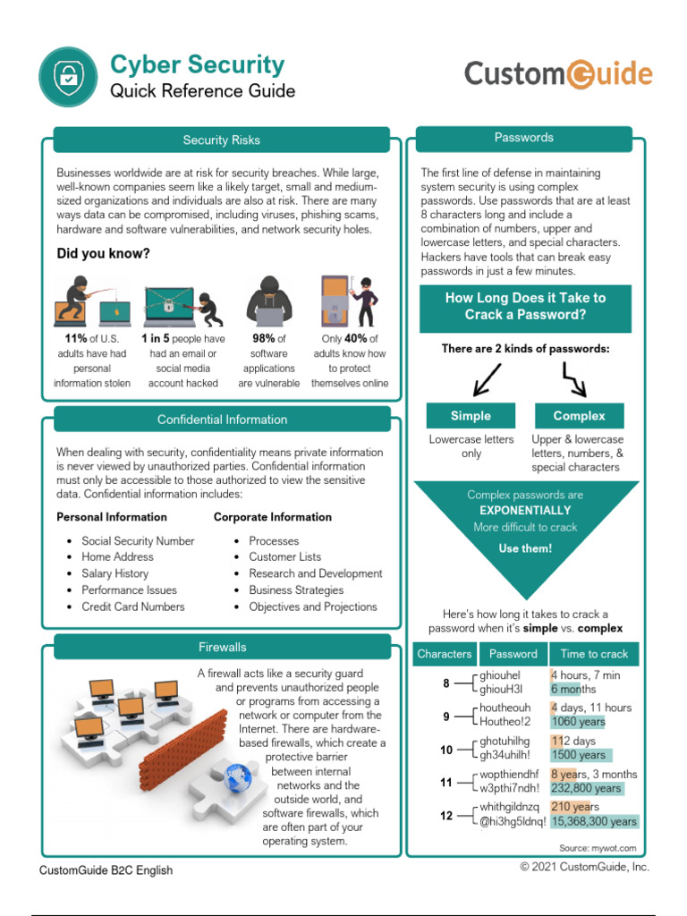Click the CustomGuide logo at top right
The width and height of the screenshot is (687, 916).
[558, 73]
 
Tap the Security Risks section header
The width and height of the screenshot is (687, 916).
[221, 140]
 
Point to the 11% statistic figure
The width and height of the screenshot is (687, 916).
[75, 339]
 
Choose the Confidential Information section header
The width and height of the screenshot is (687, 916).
[222, 420]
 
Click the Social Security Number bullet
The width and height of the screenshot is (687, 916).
[138, 541]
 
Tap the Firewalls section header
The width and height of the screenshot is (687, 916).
[222, 647]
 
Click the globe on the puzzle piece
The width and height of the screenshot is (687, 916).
[237, 776]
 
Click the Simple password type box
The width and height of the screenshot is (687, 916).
[471, 416]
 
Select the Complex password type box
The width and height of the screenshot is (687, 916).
[579, 416]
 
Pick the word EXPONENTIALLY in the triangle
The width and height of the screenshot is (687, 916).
[525, 511]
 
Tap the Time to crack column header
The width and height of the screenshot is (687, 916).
[594, 654]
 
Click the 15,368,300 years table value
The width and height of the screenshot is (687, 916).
[594, 821]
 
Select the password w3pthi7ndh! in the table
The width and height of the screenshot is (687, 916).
[510, 788]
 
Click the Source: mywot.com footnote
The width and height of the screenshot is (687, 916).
[598, 847]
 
